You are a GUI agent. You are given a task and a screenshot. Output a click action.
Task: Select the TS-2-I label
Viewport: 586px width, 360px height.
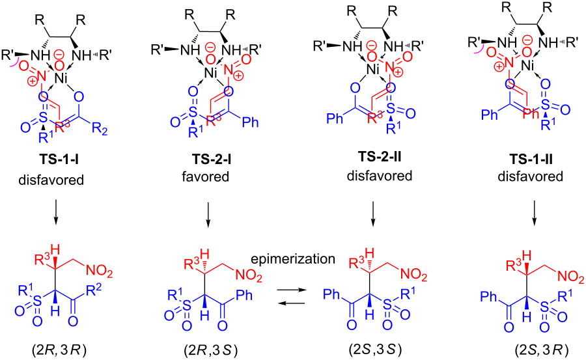point(212,159)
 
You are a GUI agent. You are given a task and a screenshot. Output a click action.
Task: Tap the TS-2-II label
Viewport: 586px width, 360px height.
point(380,157)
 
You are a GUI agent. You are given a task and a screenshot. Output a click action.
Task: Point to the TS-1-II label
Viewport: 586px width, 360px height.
point(531,159)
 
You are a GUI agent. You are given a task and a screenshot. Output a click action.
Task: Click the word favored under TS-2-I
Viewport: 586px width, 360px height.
point(206,176)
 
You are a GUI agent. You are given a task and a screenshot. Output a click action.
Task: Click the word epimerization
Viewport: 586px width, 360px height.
point(293,258)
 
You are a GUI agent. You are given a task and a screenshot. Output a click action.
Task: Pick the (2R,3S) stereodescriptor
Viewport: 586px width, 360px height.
point(211,351)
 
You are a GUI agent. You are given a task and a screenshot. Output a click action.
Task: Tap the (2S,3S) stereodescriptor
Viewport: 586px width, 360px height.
point(374,350)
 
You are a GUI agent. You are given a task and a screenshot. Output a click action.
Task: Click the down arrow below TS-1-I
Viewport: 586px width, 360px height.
point(55,212)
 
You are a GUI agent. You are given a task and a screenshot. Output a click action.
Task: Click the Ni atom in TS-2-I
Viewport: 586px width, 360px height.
point(211,72)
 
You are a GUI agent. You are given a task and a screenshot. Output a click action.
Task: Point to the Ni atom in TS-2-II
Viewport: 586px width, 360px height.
point(372,69)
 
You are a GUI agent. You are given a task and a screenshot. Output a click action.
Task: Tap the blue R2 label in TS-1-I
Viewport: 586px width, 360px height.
point(100,130)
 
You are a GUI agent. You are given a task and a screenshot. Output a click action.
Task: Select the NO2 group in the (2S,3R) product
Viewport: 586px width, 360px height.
point(570,277)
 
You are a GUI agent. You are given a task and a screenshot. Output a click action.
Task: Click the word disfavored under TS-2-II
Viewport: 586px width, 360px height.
point(380,175)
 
